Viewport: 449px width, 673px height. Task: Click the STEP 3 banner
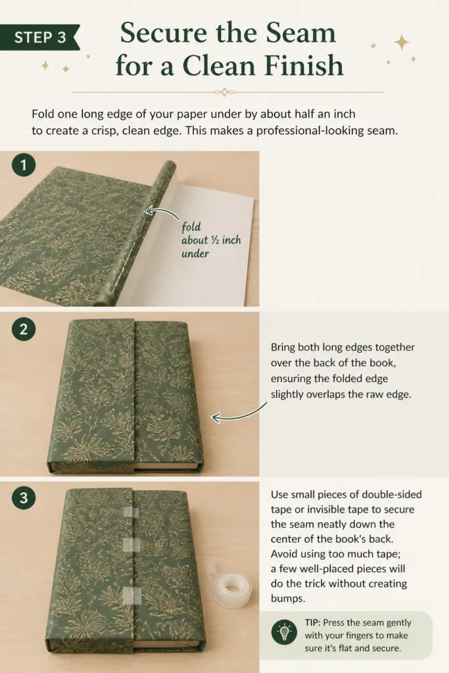click(39, 37)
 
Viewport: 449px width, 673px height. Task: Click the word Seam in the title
click(300, 32)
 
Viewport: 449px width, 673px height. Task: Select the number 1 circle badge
click(24, 165)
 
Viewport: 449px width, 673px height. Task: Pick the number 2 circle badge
click(24, 329)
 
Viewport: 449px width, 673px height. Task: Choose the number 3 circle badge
click(24, 498)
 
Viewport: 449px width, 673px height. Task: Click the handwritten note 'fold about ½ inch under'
click(211, 240)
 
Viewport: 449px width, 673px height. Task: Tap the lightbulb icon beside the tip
click(284, 632)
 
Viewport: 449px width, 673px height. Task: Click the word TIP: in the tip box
click(313, 622)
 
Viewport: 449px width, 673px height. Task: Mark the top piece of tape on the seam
click(131, 512)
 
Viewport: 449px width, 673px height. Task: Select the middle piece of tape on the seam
click(131, 545)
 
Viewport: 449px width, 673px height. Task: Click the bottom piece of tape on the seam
click(131, 595)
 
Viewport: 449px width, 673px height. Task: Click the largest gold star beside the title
click(402, 42)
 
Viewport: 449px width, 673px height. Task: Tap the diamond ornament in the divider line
click(224, 92)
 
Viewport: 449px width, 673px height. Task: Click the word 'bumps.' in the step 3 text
click(288, 598)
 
